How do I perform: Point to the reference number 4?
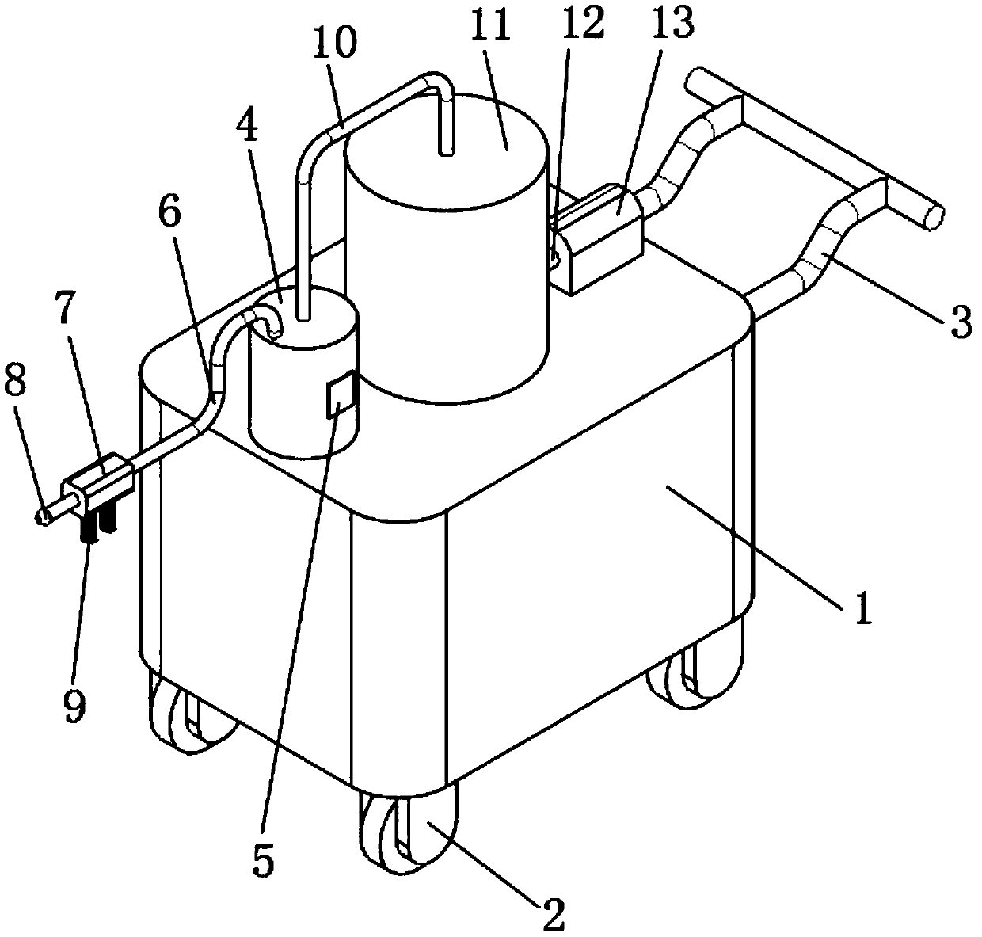249,129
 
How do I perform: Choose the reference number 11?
505,37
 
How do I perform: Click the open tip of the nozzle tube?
44,516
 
